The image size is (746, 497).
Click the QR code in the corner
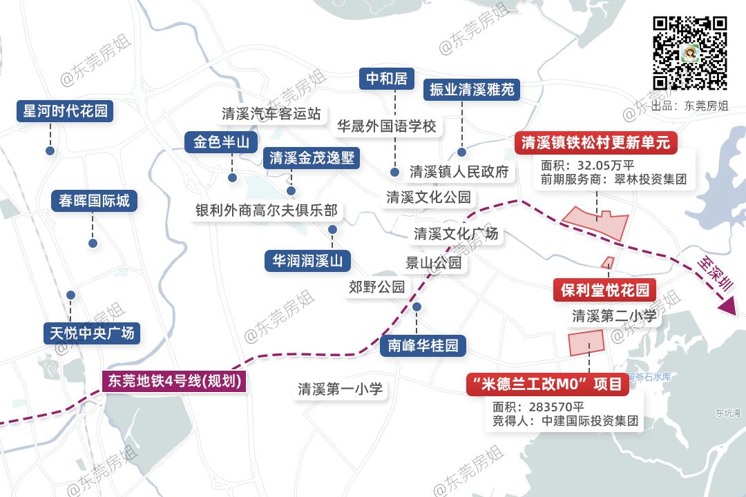coord(690,53)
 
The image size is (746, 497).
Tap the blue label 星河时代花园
coord(65,111)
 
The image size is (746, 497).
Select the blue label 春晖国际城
coord(94,201)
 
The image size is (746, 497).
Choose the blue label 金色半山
coord(221,142)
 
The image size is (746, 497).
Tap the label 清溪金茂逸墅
coord(312,158)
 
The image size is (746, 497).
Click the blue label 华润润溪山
coord(307,261)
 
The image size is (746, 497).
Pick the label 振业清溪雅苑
coord(472,90)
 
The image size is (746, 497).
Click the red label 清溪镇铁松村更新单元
coord(596,143)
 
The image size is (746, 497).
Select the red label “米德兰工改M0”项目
coord(547,384)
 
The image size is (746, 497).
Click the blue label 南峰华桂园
coord(423,345)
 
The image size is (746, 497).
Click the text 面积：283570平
coord(538,406)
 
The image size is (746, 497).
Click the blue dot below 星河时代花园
coord(50,150)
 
